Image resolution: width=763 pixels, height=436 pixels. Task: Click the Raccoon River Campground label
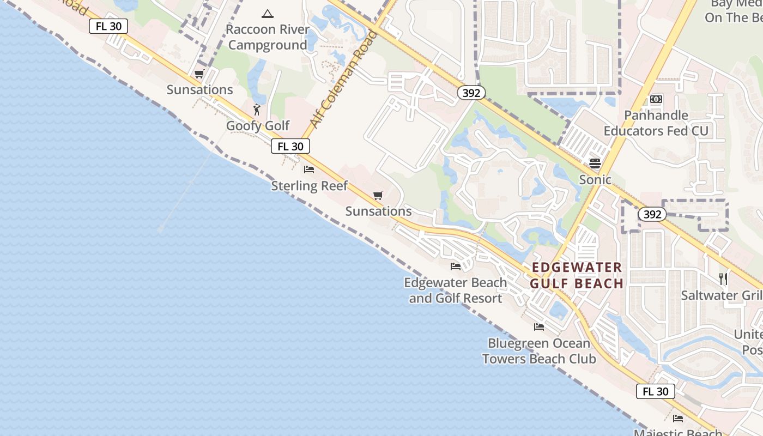(267, 37)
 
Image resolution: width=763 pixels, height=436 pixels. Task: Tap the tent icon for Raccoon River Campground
(267, 14)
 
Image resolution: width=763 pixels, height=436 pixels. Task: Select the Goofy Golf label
(258, 126)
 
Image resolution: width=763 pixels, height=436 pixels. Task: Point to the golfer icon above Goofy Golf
(257, 110)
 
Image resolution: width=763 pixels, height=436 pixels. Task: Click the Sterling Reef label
(309, 186)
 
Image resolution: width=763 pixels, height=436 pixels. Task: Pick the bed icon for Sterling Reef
(309, 169)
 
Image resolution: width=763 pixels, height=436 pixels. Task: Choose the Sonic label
(595, 179)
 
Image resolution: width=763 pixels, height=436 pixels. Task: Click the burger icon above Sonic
(595, 163)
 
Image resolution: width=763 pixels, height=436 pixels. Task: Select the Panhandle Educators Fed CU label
(656, 123)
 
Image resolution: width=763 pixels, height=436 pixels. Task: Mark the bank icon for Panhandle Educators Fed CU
(656, 99)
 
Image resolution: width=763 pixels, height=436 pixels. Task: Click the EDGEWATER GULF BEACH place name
(577, 275)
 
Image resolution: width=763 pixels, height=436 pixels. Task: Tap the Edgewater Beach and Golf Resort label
(456, 290)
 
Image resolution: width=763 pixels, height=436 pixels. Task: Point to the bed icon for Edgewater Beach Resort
(456, 267)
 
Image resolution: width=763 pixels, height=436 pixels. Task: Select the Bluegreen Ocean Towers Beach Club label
(539, 351)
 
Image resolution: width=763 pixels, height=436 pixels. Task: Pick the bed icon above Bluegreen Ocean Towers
(539, 327)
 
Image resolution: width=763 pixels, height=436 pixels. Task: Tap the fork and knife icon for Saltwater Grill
(723, 279)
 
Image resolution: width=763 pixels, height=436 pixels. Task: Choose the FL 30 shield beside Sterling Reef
(290, 146)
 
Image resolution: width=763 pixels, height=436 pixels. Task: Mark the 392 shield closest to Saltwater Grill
(652, 214)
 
